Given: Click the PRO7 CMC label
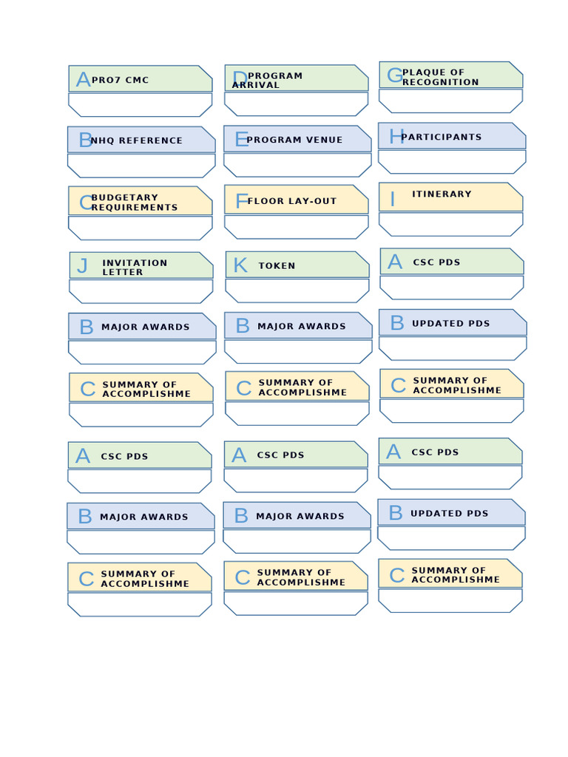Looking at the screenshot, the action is (120, 80).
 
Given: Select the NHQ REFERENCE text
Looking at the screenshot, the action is (136, 140).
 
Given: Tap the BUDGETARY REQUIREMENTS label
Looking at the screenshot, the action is (134, 203).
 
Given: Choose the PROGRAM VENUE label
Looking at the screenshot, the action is (294, 140).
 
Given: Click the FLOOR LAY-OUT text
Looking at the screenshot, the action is (291, 201).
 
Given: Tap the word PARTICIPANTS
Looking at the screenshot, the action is (441, 137).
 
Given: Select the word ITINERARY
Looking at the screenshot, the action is (442, 194).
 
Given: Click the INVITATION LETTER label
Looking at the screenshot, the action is (135, 267).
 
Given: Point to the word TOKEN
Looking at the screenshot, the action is (277, 265).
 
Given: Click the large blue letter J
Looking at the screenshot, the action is (82, 266).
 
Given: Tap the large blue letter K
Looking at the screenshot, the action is (240, 265).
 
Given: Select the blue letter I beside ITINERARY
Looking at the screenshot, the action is (393, 199).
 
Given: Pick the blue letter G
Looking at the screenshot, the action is (395, 75).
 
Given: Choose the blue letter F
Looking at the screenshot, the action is (241, 201).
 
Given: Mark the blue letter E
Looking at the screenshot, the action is (241, 139).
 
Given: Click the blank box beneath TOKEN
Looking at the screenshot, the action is (297, 291).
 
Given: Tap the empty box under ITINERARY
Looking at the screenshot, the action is (451, 224).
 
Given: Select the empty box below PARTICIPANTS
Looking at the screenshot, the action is (452, 161).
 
